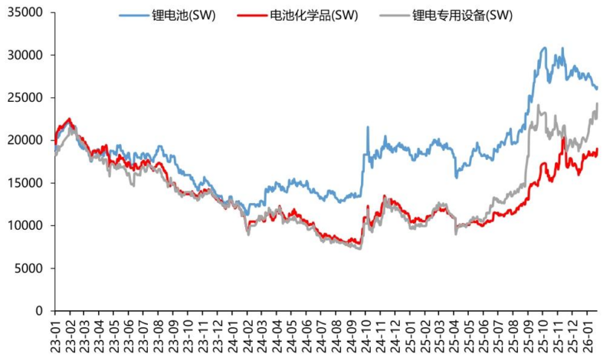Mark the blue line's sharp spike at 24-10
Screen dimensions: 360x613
point(368,127)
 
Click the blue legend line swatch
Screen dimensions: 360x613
point(133,15)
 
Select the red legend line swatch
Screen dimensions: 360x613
point(253,15)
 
